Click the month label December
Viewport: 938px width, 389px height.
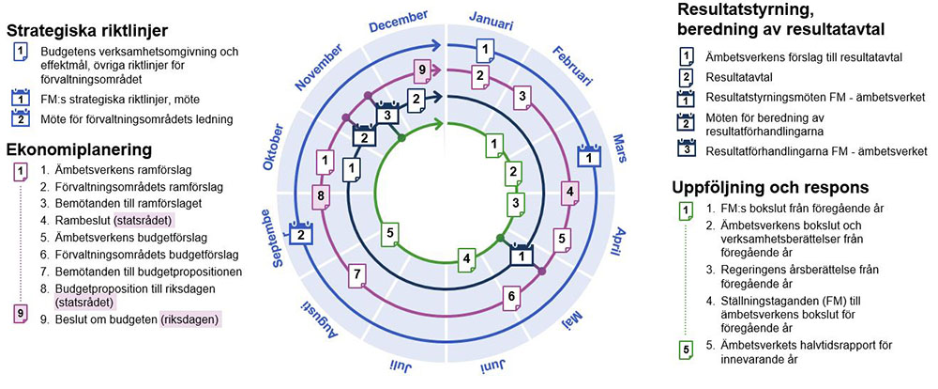click(x=399, y=20)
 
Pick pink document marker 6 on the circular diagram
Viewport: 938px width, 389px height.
click(x=512, y=298)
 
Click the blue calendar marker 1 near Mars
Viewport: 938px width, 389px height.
click(x=588, y=157)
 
